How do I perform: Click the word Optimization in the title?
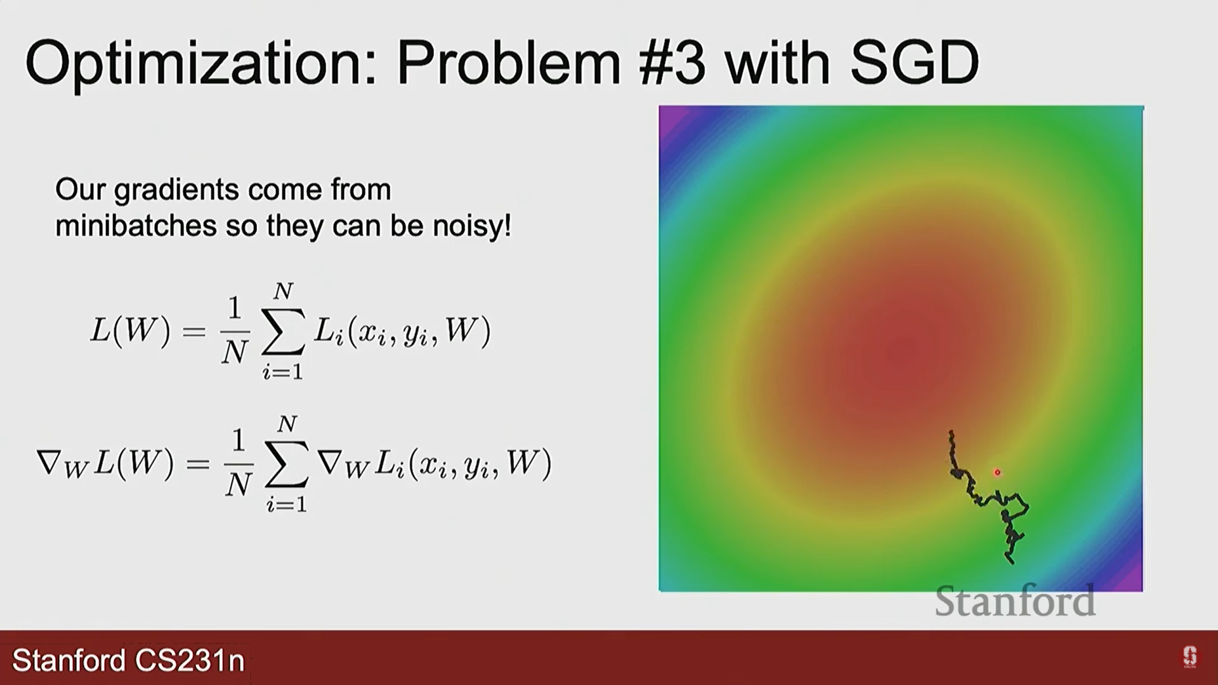click(x=202, y=63)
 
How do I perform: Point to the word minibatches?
click(x=136, y=226)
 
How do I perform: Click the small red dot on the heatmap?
click(x=997, y=473)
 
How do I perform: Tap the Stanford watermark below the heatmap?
click(x=1015, y=601)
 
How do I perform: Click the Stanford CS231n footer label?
click(x=129, y=660)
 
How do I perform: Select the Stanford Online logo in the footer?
click(x=1189, y=657)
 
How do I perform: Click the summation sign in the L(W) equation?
click(x=283, y=332)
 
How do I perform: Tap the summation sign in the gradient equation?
click(x=287, y=464)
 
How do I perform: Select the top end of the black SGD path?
click(x=951, y=433)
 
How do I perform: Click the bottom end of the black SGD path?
click(x=1011, y=562)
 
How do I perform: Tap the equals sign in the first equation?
click(x=194, y=332)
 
